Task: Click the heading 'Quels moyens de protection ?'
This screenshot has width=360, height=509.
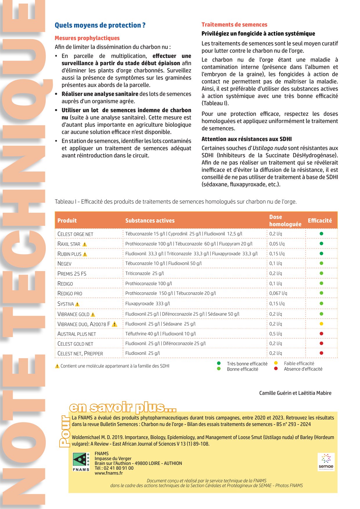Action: click(x=100, y=25)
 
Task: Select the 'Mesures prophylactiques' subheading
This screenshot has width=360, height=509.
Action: click(x=87, y=38)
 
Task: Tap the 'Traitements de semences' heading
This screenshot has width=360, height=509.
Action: click(x=234, y=25)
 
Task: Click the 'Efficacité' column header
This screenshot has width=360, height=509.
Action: click(x=320, y=221)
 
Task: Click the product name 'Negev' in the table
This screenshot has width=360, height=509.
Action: click(x=64, y=264)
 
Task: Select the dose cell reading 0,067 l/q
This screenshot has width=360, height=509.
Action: click(x=278, y=293)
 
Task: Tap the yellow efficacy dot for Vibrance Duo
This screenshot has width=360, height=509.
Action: click(x=321, y=324)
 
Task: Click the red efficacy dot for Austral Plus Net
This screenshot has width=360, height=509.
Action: click(x=321, y=333)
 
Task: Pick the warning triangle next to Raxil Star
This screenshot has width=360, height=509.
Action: click(x=84, y=244)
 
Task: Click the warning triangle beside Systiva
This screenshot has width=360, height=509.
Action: click(x=77, y=304)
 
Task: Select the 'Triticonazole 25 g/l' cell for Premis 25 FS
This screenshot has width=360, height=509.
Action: click(x=145, y=273)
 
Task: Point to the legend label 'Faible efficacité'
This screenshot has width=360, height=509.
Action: click(x=299, y=363)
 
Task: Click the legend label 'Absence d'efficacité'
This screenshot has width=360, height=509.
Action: click(x=303, y=369)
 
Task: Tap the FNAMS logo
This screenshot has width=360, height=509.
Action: click(x=81, y=462)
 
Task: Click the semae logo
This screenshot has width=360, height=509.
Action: click(x=326, y=462)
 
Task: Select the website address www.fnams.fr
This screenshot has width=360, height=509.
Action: click(x=109, y=473)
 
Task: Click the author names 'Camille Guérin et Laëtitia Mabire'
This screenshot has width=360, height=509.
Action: click(x=295, y=393)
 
